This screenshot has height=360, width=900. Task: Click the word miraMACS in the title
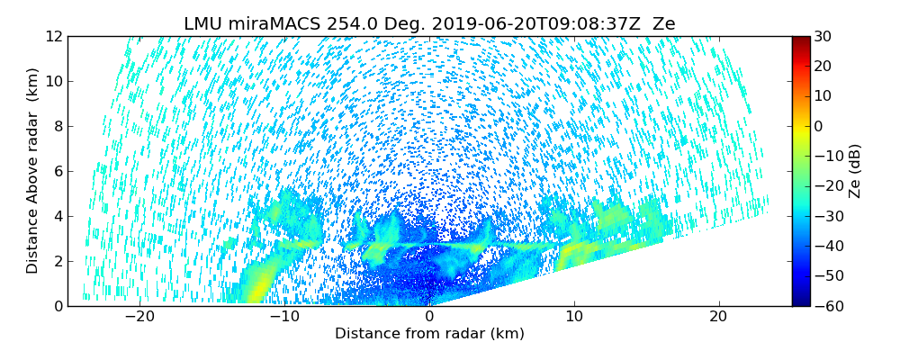[274, 24]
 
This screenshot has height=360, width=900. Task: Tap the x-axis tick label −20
[139, 317]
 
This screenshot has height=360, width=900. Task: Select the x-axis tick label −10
[283, 317]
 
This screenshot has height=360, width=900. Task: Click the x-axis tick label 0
[429, 317]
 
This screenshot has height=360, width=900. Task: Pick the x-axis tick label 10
[574, 317]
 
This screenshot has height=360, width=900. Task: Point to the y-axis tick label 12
[53, 36]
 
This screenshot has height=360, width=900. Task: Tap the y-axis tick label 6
[57, 171]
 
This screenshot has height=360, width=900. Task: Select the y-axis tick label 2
[57, 261]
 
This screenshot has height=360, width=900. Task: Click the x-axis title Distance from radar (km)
[429, 334]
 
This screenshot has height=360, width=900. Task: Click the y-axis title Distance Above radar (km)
[32, 171]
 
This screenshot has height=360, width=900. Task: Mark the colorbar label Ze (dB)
[855, 171]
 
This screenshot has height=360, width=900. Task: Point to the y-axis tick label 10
[53, 81]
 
